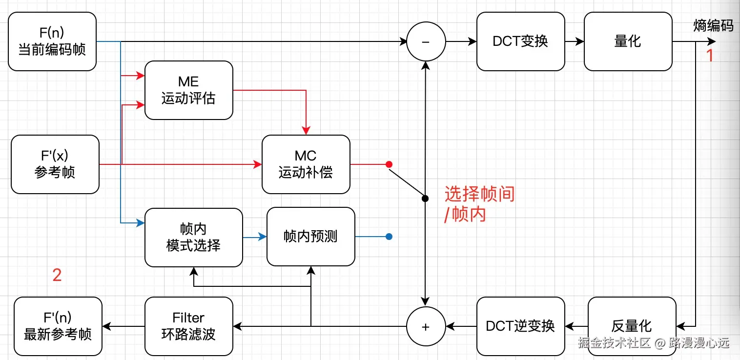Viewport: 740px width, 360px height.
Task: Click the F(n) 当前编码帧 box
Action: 52,41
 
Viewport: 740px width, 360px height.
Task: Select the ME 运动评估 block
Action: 188,90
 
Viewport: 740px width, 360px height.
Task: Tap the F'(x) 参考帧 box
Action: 55,164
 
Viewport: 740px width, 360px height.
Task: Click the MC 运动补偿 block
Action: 306,164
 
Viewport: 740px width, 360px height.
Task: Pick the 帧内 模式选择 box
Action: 193,238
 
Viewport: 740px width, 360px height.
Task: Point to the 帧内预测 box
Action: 310,237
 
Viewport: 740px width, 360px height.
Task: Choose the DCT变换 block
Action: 520,41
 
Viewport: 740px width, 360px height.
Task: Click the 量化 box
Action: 628,41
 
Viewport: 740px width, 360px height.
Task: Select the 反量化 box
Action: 632,326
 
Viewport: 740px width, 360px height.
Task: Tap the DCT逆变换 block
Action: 520,326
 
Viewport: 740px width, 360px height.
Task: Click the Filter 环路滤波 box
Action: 188,326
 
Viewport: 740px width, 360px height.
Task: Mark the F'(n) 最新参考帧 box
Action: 58,326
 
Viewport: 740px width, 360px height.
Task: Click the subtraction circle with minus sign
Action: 426,42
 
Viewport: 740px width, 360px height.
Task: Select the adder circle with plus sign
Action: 426,326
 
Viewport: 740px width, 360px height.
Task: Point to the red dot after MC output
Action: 389,164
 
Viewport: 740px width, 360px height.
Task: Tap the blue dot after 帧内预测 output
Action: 389,237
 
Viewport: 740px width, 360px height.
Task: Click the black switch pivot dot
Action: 425,199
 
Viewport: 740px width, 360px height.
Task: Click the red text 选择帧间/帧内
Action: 479,204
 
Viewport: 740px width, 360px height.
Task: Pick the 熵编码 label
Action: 713,26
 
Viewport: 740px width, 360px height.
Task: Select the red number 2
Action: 57,276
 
